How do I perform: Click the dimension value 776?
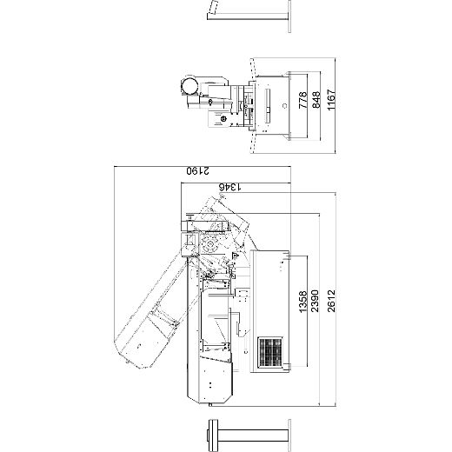pyautogui.click(x=302, y=100)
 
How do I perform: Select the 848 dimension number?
pyautogui.click(x=316, y=100)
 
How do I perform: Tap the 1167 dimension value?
pyautogui.click(x=331, y=100)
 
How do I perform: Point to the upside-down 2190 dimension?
pyautogui.click(x=197, y=170)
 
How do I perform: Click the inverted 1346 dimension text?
pyautogui.click(x=230, y=187)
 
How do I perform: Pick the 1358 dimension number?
pyautogui.click(x=302, y=302)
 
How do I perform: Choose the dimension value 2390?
pyautogui.click(x=315, y=301)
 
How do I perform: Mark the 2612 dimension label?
pyautogui.click(x=331, y=301)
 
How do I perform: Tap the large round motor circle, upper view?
pyautogui.click(x=189, y=86)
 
